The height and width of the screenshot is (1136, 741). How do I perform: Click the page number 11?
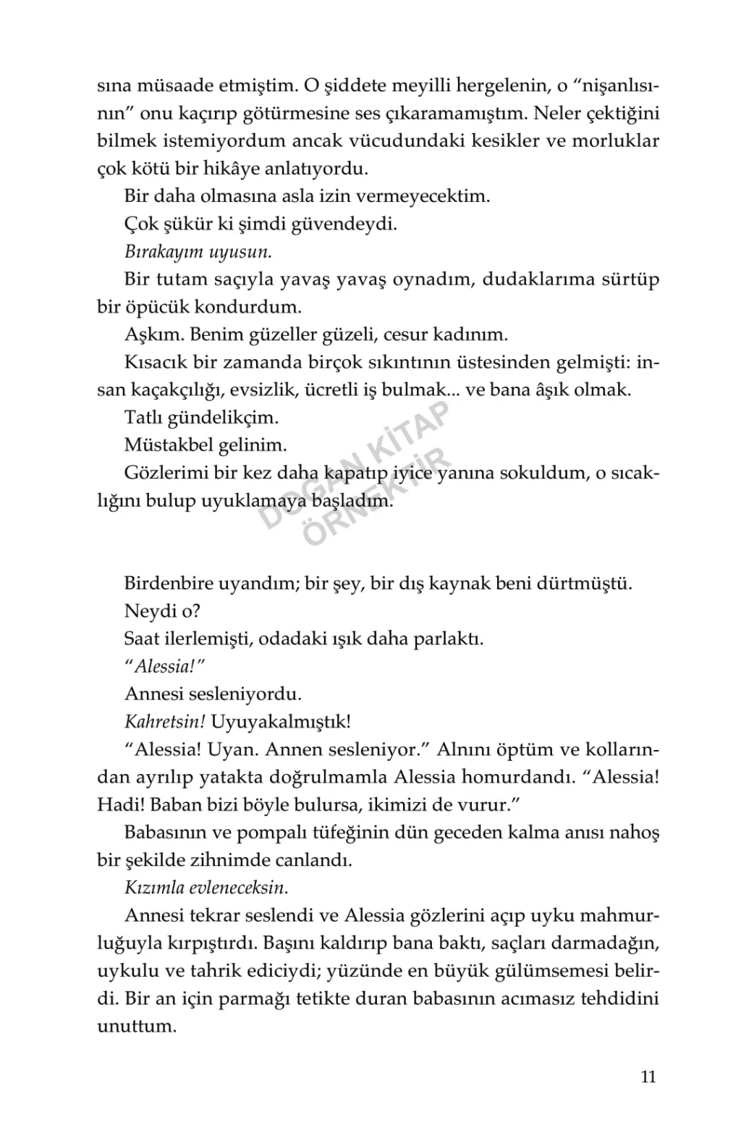tap(648, 1077)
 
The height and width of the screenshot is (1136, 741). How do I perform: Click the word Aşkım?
tap(151, 335)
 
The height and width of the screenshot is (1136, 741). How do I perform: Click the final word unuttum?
tap(137, 1027)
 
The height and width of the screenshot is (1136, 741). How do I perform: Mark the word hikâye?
tap(250, 169)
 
